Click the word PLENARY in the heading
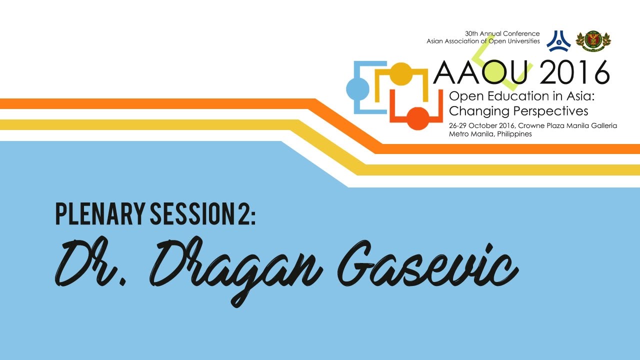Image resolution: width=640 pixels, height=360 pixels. [100, 213]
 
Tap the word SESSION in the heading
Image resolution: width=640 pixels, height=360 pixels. [192, 213]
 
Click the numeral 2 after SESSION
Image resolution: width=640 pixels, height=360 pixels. [243, 213]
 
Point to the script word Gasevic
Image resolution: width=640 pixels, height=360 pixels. [427, 264]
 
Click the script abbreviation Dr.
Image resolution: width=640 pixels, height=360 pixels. [91, 262]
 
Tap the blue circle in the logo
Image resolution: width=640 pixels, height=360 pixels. [357, 89]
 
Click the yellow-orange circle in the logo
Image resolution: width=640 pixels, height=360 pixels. [401, 73]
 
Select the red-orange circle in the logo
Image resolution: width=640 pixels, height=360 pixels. [417, 118]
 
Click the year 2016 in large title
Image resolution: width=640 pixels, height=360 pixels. [574, 72]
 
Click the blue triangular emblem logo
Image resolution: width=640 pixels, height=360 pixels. [558, 41]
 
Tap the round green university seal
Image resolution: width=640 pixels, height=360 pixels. [593, 41]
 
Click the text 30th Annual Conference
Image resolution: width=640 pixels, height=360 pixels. [502, 33]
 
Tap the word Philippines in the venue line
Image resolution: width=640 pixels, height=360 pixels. [514, 134]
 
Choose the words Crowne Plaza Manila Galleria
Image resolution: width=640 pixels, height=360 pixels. [567, 125]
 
